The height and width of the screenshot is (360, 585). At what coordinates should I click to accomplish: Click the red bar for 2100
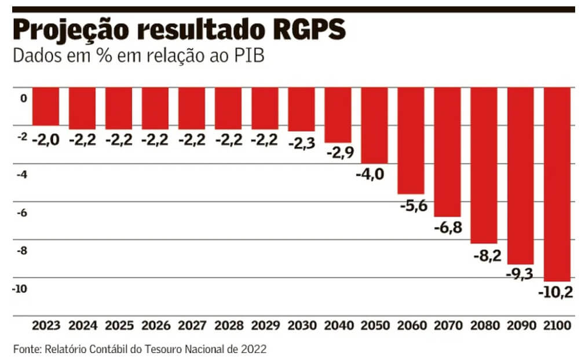557,183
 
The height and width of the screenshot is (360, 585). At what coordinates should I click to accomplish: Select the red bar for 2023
46,106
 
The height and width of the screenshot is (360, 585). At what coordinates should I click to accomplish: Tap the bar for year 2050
374,125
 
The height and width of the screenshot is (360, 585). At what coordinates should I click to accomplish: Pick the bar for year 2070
447,152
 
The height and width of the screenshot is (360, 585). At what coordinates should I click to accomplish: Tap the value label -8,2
485,255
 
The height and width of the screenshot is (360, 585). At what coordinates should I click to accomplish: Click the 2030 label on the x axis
302,326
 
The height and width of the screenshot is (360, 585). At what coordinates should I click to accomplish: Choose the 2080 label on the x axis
484,326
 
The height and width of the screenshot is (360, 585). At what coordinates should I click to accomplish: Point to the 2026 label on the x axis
155,326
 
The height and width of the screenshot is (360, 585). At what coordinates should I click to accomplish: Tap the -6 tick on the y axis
23,213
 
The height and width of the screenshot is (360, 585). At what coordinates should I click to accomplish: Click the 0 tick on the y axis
24,99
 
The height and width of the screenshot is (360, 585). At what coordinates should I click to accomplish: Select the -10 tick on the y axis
21,289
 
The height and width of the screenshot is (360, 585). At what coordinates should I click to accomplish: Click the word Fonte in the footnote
27,348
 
